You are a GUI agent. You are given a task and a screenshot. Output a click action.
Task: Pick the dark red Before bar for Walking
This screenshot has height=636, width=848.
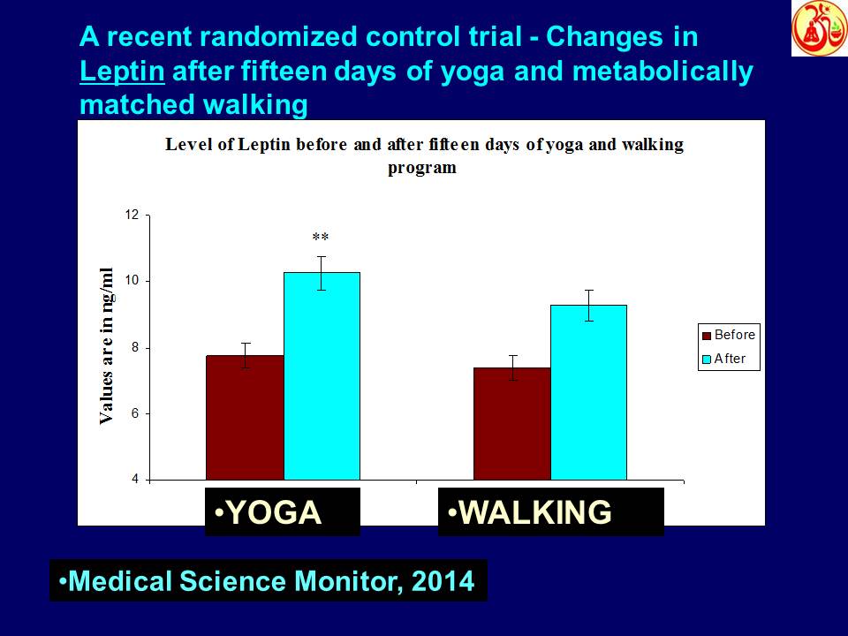coord(511,424)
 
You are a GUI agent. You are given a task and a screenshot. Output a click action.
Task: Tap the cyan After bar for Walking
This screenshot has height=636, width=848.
coord(587,392)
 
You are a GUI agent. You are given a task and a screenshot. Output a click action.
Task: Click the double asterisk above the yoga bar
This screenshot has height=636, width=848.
coord(321,238)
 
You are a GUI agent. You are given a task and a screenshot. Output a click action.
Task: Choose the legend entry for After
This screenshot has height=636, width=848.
coord(727,359)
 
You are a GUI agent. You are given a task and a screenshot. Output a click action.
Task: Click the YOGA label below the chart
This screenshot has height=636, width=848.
coord(282,512)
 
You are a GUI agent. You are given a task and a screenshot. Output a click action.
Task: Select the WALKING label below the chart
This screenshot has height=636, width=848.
coord(550,512)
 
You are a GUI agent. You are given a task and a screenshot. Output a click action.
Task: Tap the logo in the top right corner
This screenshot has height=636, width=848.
coord(819,28)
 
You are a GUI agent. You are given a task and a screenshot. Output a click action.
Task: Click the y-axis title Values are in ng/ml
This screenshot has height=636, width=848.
coord(107,344)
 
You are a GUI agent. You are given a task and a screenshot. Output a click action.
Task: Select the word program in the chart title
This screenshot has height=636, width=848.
coord(422,168)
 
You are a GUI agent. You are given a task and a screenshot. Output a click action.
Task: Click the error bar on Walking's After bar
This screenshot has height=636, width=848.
coord(587,305)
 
